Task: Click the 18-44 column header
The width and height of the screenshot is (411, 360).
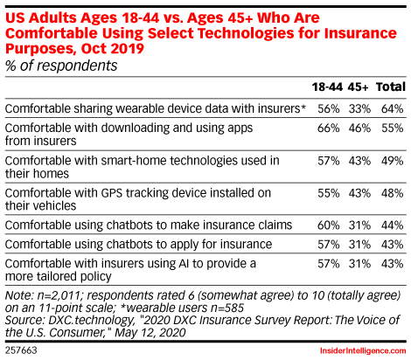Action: (x=327, y=87)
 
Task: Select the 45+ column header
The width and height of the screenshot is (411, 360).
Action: (x=358, y=87)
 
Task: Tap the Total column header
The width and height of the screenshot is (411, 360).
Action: (x=391, y=87)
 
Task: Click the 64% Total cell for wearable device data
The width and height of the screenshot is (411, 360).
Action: (x=393, y=108)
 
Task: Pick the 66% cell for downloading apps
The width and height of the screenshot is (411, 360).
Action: (x=329, y=128)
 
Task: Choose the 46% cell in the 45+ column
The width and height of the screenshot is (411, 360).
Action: (x=359, y=128)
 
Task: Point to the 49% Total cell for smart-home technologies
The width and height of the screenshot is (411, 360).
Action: (x=393, y=161)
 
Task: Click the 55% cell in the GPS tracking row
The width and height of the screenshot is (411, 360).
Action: (x=329, y=193)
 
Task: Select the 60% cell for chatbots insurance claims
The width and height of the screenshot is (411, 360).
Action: (x=329, y=225)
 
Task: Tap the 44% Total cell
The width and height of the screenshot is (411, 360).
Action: (x=393, y=225)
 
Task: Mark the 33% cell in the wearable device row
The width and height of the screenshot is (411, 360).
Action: (x=359, y=108)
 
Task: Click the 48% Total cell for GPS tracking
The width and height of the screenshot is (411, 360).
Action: (x=393, y=193)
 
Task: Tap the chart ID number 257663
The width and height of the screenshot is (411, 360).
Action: (x=21, y=350)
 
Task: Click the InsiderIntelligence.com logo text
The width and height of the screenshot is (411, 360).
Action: (x=363, y=350)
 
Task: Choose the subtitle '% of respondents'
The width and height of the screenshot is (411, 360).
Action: (x=61, y=66)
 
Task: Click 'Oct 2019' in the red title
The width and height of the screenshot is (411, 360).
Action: (x=113, y=48)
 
